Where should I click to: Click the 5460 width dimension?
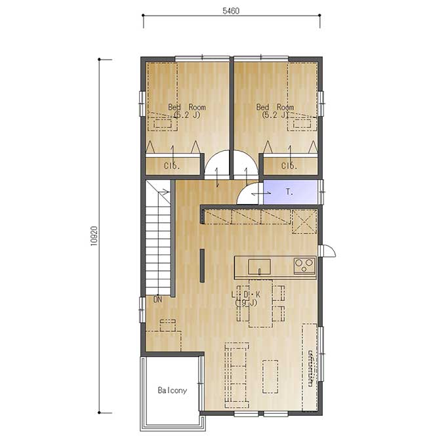(231, 10)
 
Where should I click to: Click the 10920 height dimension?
(94, 236)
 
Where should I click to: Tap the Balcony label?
(172, 390)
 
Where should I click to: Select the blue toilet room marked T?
(290, 192)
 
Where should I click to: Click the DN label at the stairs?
(157, 299)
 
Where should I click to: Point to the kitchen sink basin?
(259, 266)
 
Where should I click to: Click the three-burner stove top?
(304, 266)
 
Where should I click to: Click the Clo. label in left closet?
(172, 166)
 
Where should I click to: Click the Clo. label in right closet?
(289, 166)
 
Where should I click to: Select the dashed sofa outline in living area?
(237, 375)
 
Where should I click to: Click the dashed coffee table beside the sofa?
(270, 376)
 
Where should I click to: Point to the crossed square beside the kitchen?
(304, 221)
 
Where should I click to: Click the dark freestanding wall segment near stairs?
(202, 266)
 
